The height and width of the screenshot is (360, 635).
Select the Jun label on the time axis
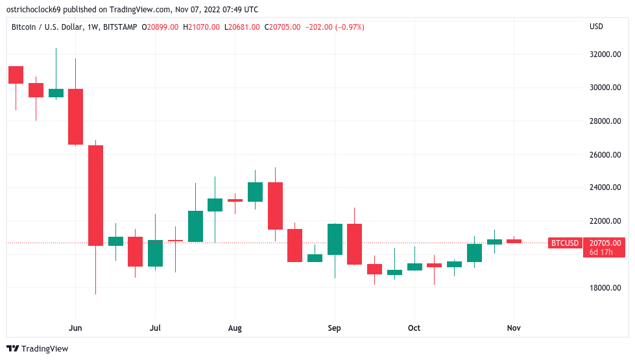coord(76,328)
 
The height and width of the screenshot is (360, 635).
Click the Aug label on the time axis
coord(235,328)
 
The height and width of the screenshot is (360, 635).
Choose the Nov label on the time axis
coord(514,328)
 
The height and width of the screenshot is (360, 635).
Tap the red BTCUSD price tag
coord(564,243)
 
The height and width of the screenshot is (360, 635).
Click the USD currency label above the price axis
coord(596,27)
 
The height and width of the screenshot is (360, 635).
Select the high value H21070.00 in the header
coord(204,27)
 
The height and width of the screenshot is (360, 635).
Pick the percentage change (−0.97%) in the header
coord(348,27)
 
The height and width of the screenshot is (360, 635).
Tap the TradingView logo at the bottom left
coord(38,349)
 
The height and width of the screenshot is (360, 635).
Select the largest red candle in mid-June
coord(96,195)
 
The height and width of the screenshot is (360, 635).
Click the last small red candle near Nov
coord(514,241)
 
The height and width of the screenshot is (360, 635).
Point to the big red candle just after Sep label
coord(354,244)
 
